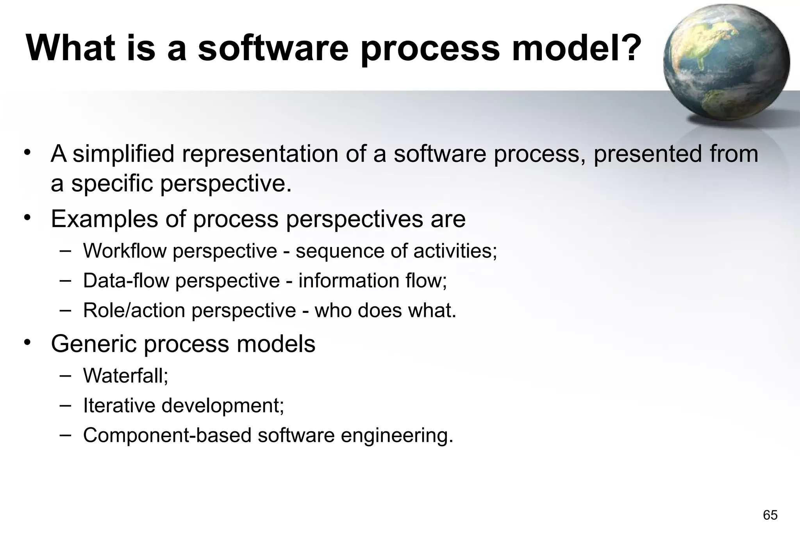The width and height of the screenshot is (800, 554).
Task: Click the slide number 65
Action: point(770,515)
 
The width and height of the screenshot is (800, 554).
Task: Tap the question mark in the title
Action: point(629,48)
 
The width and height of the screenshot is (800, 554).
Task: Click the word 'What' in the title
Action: point(70,48)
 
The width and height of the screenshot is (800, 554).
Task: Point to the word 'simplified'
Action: point(123,154)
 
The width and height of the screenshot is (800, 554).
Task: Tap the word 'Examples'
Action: point(104,219)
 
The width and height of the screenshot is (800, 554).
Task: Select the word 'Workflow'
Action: point(125,251)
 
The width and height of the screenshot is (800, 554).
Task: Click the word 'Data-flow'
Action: point(126,281)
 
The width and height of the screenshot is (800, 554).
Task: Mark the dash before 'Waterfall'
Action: point(65,375)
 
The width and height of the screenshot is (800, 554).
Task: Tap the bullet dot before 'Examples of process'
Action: point(27,217)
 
